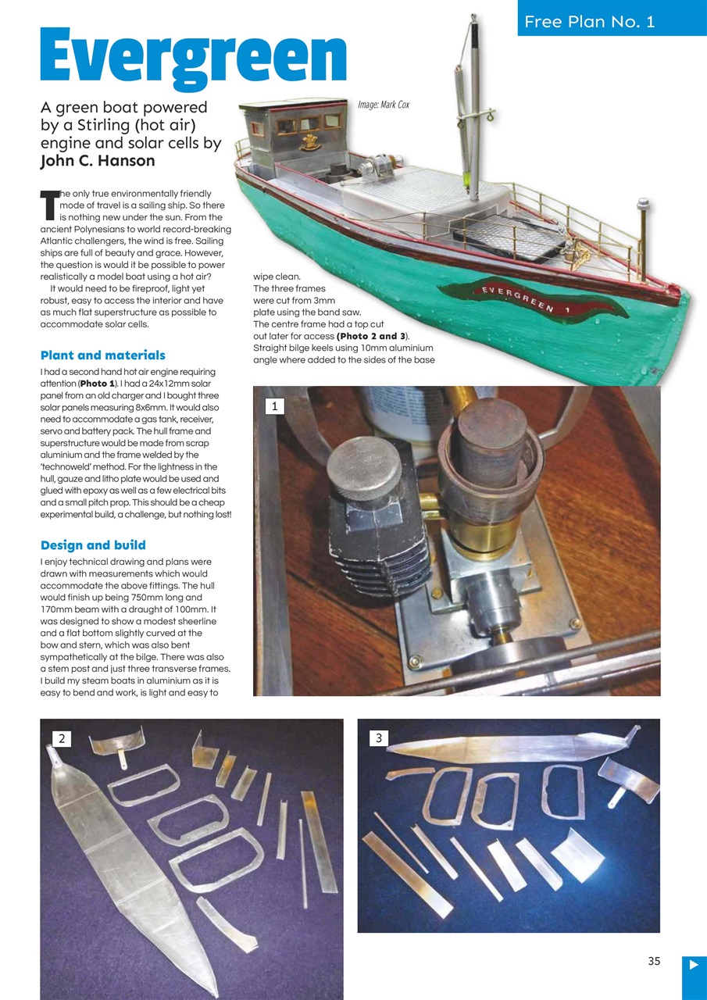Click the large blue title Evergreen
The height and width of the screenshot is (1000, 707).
pyautogui.click(x=193, y=56)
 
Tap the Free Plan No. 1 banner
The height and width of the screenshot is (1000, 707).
pyautogui.click(x=590, y=21)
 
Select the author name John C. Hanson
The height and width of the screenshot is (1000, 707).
pyautogui.click(x=98, y=161)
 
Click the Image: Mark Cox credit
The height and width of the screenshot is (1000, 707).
pyautogui.click(x=383, y=104)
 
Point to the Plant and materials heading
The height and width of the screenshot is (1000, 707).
pyautogui.click(x=102, y=355)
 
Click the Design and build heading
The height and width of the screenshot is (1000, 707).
pyautogui.click(x=93, y=545)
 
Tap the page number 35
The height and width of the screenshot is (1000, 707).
pyautogui.click(x=654, y=961)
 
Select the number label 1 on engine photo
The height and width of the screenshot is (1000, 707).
pyautogui.click(x=275, y=405)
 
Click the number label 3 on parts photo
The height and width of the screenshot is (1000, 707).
pyautogui.click(x=379, y=738)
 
